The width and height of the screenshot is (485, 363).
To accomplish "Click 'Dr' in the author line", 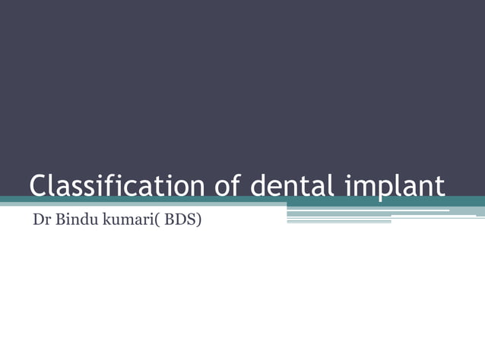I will [x=41, y=222].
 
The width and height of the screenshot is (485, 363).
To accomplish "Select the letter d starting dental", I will [x=259, y=186].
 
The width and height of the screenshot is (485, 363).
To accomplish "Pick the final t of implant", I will [x=440, y=186].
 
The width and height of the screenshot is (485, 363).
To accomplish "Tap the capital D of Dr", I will [x=37, y=222].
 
